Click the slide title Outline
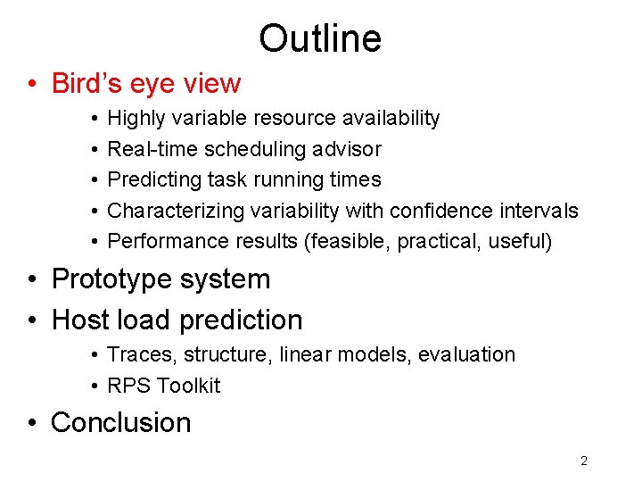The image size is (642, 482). pos(320,38)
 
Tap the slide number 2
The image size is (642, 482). pos(584,461)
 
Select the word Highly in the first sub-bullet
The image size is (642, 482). pos(135,119)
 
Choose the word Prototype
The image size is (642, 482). pos(112,279)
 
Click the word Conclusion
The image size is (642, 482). pos(121,423)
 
